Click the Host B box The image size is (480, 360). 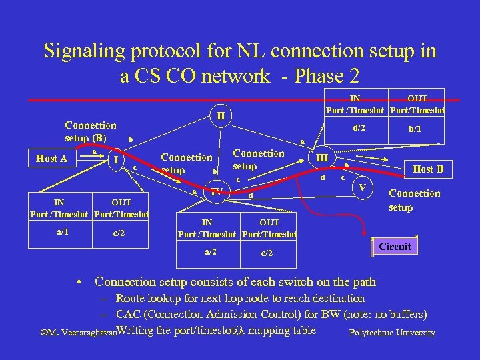(x=427, y=169)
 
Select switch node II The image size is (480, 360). (x=220, y=115)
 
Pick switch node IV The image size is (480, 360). (x=216, y=193)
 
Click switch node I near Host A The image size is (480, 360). (x=117, y=159)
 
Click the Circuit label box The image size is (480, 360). (x=395, y=247)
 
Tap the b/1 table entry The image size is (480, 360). (x=414, y=129)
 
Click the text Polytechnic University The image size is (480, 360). (x=392, y=333)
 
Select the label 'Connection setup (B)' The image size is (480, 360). (x=91, y=132)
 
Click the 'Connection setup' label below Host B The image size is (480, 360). (x=414, y=200)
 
